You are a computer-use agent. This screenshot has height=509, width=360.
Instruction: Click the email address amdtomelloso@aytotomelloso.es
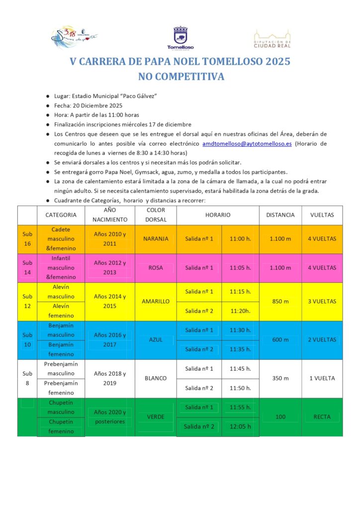pos(247,144)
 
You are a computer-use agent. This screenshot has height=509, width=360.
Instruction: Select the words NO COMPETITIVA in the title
pos(181,77)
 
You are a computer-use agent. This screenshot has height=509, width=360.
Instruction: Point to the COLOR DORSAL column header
pos(156,215)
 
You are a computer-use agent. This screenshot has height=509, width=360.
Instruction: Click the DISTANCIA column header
pos(280,215)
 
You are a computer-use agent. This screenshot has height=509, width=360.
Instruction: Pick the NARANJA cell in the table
pos(156,239)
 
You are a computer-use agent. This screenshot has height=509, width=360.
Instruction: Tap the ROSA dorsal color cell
pos(156,267)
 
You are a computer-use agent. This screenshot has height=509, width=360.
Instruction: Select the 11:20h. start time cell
pos(241,311)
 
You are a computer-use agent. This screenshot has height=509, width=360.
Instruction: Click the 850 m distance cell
pos(280,301)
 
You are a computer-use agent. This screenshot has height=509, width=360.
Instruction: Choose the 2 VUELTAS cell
pos(322,339)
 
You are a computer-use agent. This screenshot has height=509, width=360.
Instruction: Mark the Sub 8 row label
pos(27,378)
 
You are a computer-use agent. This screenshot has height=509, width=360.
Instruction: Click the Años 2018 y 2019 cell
pos(110,378)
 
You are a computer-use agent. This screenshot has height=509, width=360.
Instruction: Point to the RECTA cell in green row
pos(322,417)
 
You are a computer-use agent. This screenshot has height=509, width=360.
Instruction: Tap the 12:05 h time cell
pos(241,426)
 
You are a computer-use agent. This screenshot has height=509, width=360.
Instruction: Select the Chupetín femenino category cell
pos(61,426)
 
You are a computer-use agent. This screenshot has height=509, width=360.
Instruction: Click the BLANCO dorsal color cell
pos(156,378)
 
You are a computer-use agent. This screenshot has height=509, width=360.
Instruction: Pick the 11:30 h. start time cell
pos(241,330)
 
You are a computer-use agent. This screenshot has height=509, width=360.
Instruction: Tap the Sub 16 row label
pos(27,239)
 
